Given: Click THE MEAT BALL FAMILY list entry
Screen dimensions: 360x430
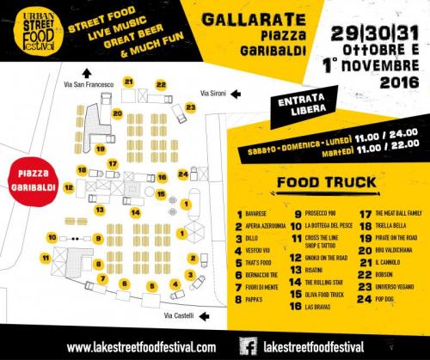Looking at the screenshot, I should (391, 211).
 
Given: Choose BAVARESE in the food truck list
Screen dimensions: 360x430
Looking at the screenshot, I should (258, 211).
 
